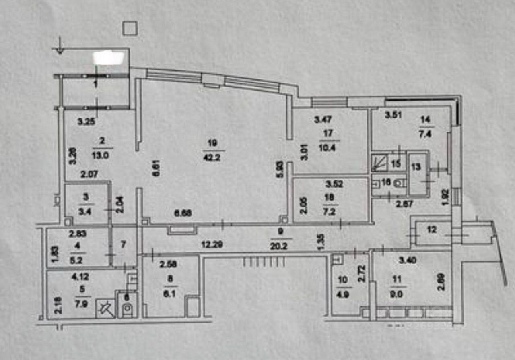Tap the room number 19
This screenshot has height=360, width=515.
coord(213,142)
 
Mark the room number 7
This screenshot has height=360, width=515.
coord(123,244)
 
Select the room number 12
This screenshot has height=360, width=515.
coord(431,230)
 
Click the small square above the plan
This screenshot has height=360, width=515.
coord(130,29)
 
